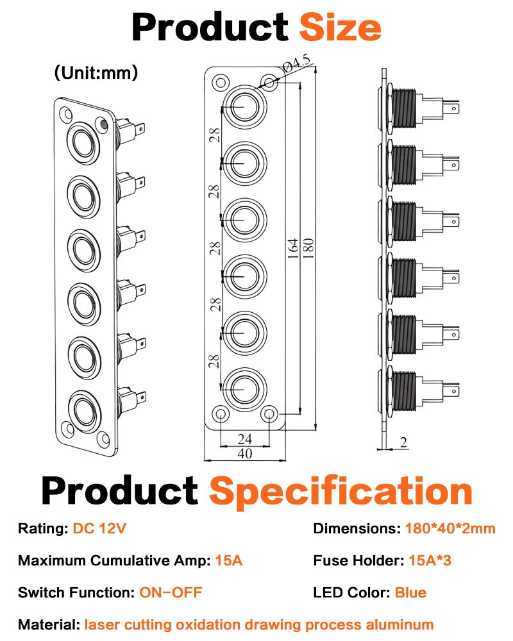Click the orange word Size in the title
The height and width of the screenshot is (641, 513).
click(x=341, y=27)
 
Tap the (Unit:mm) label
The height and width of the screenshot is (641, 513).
click(x=96, y=73)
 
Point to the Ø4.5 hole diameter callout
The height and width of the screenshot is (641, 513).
click(x=298, y=63)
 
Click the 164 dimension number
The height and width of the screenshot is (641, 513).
click(x=293, y=247)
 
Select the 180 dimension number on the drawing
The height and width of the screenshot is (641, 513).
click(x=308, y=247)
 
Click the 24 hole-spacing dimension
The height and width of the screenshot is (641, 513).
click(x=244, y=439)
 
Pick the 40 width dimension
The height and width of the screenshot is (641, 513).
click(x=244, y=453)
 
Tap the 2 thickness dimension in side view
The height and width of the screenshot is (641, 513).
click(x=404, y=442)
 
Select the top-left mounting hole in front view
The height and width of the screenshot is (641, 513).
click(x=221, y=83)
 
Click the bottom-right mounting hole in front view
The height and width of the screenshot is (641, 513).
click(x=269, y=414)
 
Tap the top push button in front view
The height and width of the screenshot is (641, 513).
click(x=244, y=106)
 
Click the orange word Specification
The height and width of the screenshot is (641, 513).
click(x=341, y=492)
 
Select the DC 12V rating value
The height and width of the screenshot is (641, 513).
click(x=99, y=528)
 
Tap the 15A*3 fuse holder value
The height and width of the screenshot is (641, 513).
click(x=430, y=560)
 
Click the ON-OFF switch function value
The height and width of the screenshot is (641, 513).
click(x=171, y=592)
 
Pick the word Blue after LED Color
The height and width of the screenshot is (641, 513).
click(x=410, y=592)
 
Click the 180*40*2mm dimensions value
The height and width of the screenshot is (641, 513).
click(x=450, y=528)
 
